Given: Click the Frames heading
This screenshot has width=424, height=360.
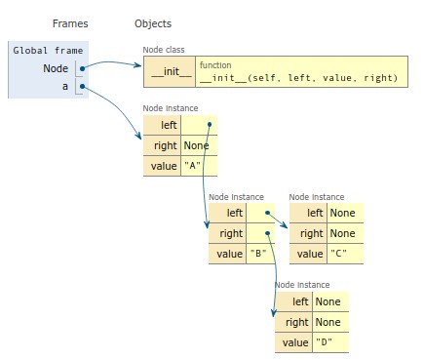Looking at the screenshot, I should coord(69,23).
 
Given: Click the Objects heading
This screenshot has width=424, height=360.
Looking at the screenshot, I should coord(153,23).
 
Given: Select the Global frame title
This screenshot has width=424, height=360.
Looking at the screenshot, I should coord(49,49).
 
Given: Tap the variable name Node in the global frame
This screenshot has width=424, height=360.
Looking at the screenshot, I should coord(56,68).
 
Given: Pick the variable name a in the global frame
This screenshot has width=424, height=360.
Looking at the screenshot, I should coord(64,88).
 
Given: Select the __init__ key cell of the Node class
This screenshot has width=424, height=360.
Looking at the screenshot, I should coord(170,71).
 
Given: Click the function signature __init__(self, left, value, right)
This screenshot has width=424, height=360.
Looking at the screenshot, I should coord(298,77).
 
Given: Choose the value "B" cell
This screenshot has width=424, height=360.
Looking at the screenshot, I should coord(258,254).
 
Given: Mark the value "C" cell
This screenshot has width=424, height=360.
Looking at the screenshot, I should coord(339,254).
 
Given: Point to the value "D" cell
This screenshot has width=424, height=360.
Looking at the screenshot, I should coord(325,342).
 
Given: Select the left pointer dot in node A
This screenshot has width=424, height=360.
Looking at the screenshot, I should coord(210,125).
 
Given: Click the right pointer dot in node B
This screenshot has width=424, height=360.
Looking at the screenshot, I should coord(264,233).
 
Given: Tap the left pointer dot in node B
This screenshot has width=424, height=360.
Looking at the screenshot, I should coord(264,213).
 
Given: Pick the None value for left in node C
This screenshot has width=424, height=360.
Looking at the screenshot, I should coord(342,213).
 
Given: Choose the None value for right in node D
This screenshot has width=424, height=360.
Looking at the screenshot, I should coord(328,322).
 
